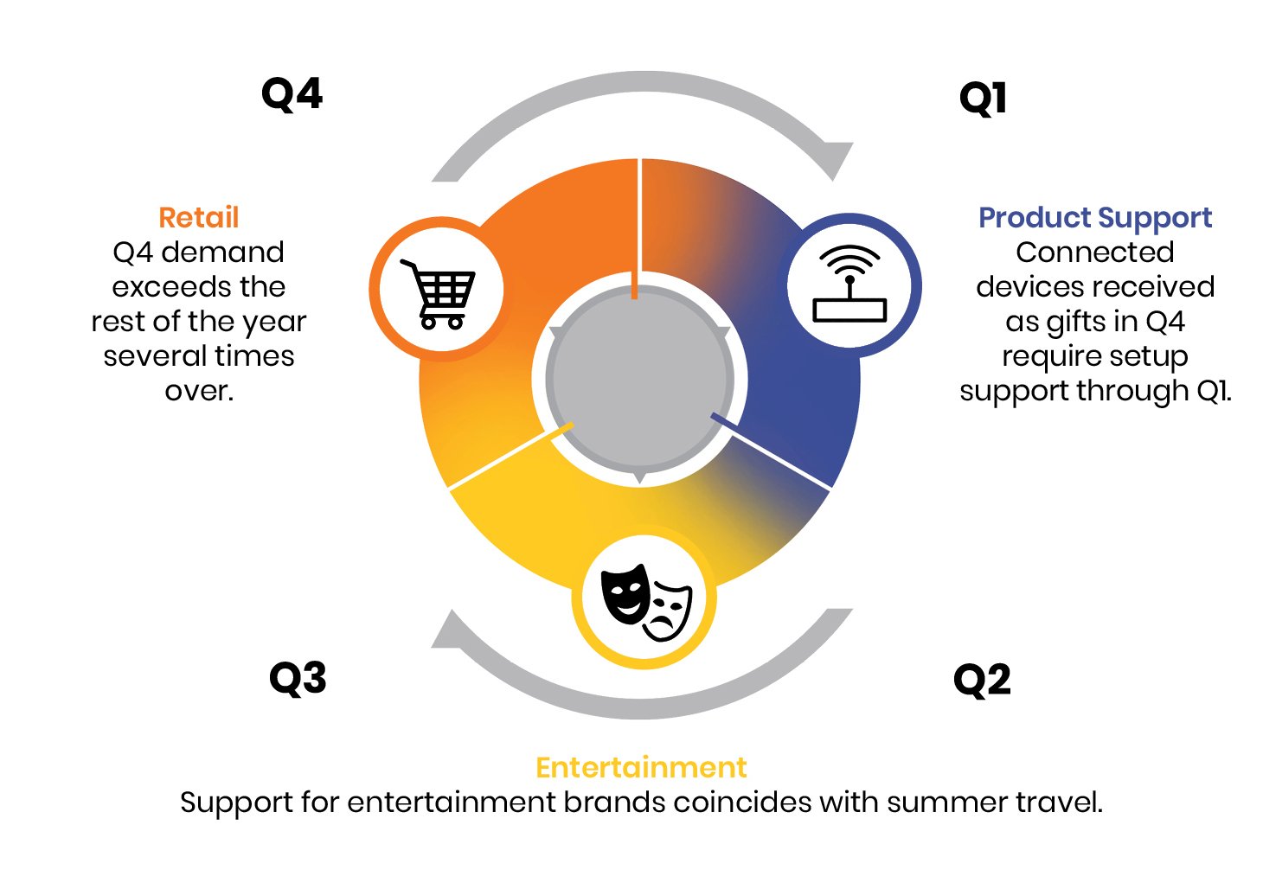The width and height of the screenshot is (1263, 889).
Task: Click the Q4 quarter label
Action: (292, 94)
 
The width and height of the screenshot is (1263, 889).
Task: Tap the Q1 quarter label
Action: (983, 99)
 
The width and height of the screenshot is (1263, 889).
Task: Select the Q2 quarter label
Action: (982, 681)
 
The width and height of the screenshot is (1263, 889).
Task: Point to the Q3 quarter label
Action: (298, 678)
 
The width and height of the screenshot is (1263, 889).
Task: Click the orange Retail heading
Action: (198, 218)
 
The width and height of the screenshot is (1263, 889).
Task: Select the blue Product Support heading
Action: (1095, 218)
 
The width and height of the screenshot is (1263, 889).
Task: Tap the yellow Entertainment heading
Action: (641, 767)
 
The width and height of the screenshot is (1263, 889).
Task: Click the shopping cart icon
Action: (438, 294)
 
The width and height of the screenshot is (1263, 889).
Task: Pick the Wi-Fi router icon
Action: (849, 284)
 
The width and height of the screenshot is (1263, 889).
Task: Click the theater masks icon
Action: (645, 602)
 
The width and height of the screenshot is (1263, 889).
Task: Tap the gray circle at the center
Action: (640, 379)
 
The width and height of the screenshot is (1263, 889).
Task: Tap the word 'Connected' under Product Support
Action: (1095, 252)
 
